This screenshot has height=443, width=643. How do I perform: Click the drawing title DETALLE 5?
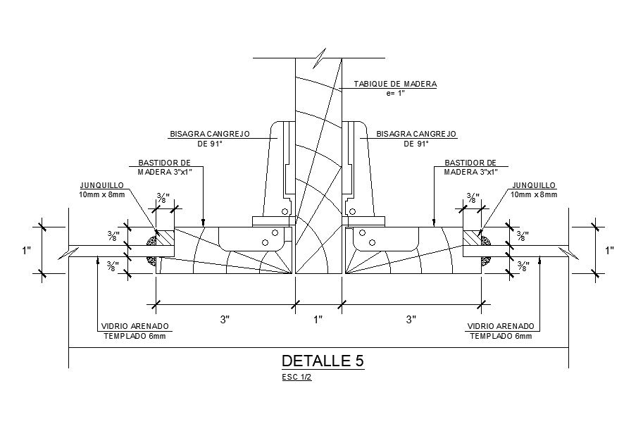(323, 361)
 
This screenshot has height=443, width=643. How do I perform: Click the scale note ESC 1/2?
(295, 378)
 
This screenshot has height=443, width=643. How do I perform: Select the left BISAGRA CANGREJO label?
(210, 134)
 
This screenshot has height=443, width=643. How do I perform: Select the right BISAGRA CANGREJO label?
(416, 134)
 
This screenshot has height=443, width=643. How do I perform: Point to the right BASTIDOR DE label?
(470, 163)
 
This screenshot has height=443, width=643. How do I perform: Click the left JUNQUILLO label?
(103, 185)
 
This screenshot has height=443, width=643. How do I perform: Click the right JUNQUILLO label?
(535, 185)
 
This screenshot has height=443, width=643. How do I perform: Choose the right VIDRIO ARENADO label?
(501, 327)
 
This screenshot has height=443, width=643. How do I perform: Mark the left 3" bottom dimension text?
(225, 320)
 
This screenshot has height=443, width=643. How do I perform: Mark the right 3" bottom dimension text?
(412, 320)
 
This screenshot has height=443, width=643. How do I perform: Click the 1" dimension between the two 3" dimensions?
(318, 320)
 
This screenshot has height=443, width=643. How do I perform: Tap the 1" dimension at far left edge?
(27, 250)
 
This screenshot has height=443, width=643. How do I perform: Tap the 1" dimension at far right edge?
(610, 250)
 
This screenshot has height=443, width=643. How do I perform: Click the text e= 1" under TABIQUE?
(395, 93)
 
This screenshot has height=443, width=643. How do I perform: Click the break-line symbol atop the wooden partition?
(320, 56)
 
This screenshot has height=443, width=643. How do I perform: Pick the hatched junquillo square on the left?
(164, 237)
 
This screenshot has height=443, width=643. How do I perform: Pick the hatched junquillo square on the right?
(473, 237)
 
